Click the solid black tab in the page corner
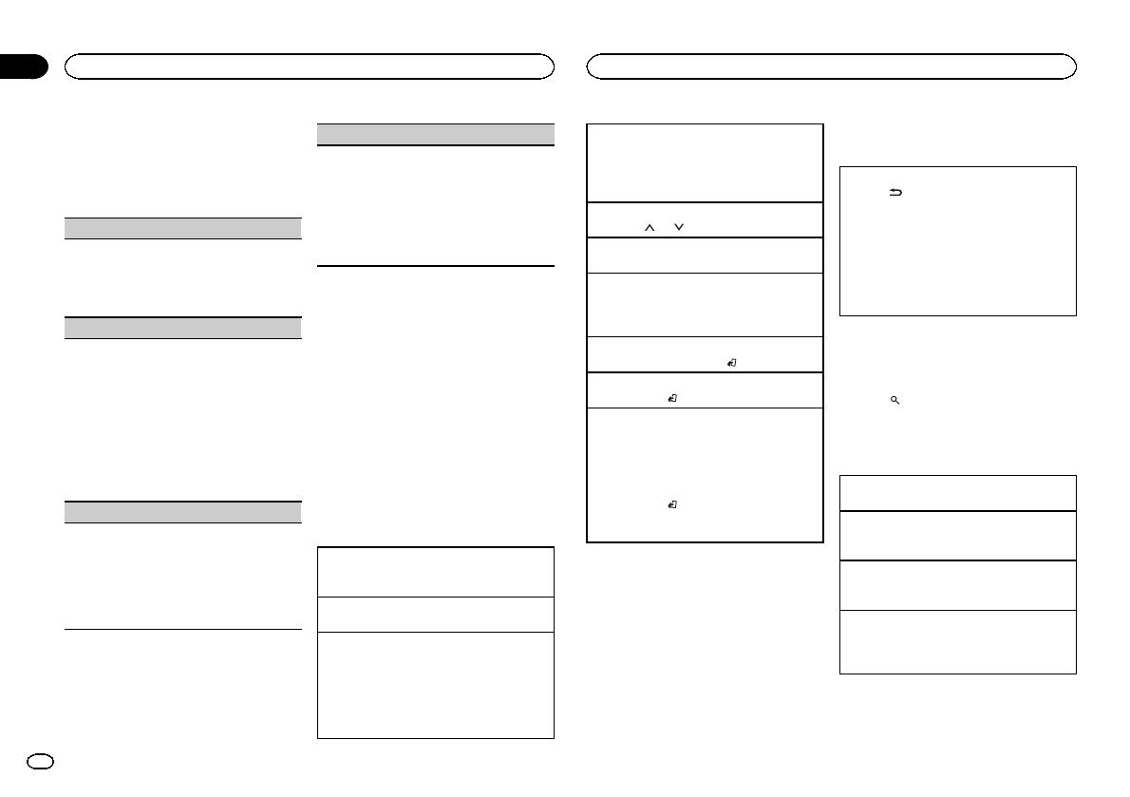click(x=23, y=66)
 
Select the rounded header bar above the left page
click(x=309, y=66)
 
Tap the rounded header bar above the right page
click(x=832, y=66)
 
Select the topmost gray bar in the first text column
click(x=182, y=228)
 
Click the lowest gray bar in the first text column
click(x=182, y=512)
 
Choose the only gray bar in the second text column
click(x=435, y=134)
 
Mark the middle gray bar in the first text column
click(x=182, y=328)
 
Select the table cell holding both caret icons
click(x=705, y=219)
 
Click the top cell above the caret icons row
click(x=705, y=162)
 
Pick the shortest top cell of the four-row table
click(x=958, y=493)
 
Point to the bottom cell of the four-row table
click(x=958, y=641)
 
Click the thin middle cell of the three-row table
click(x=435, y=614)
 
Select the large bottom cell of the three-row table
click(x=435, y=685)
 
